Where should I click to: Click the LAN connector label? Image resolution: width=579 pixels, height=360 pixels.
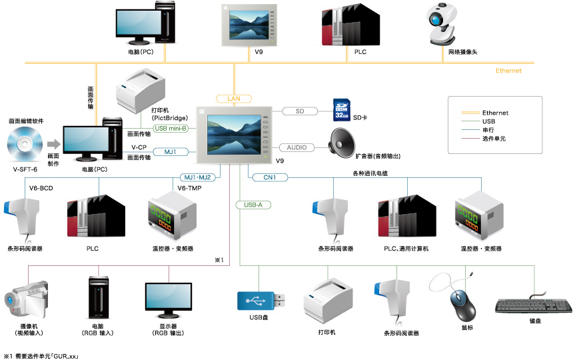pos(233,99)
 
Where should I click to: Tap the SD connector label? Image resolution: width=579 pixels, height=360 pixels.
pos(300,111)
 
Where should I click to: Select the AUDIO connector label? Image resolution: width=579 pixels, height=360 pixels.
pos(297,147)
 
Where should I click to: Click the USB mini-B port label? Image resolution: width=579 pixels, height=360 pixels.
pos(171,129)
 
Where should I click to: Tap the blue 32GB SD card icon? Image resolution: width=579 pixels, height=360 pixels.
pos(341,111)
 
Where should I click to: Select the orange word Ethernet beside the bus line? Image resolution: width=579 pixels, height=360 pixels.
pos(508,71)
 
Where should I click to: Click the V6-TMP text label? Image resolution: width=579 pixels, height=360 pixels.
pos(191,188)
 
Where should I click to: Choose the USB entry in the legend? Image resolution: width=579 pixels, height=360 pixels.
pos(489,121)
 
